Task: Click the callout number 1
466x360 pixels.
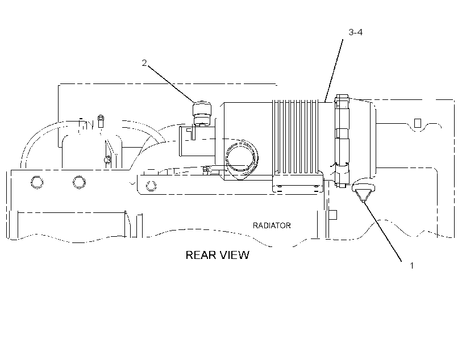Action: [411, 266]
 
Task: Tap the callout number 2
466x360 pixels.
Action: [144, 63]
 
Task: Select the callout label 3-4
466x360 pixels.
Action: [355, 32]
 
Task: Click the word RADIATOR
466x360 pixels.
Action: [272, 225]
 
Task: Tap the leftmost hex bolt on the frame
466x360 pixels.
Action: [37, 182]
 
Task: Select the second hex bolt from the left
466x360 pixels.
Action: [79, 182]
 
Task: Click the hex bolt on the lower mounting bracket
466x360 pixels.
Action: [151, 186]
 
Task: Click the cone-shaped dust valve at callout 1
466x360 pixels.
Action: [363, 192]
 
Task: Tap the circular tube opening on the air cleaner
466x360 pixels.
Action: [242, 157]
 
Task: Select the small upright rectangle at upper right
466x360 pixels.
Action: [418, 123]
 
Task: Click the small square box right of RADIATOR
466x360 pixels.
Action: [334, 215]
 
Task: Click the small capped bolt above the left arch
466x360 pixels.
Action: [101, 120]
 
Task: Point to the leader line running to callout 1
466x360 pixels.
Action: [382, 231]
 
